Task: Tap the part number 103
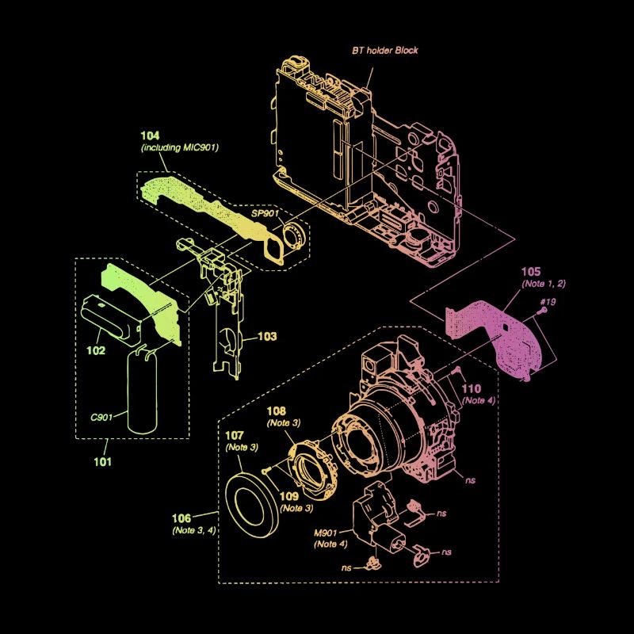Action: click(x=267, y=337)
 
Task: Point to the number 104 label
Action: click(x=151, y=136)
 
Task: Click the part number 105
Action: click(x=533, y=273)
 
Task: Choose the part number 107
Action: click(x=235, y=435)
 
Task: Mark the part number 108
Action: click(x=275, y=411)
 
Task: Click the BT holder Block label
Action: click(x=385, y=51)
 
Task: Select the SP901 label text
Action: click(x=266, y=215)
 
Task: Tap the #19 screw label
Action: click(x=548, y=301)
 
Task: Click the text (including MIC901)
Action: click(x=180, y=147)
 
